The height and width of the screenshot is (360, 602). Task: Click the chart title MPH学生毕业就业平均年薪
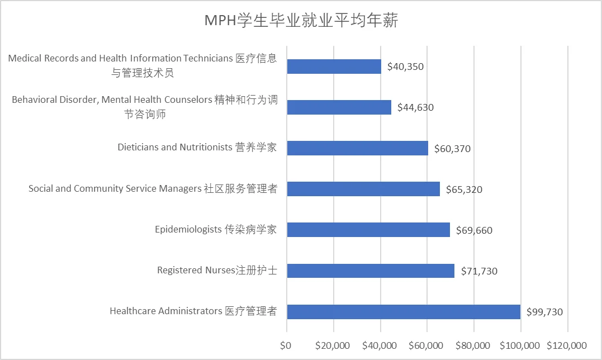(x=301, y=21)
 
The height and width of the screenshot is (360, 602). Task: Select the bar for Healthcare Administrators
(x=404, y=311)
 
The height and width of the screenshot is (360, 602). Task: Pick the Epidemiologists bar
(x=368, y=230)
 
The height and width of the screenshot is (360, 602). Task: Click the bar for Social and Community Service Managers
(x=363, y=189)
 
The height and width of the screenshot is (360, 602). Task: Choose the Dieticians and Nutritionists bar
(x=358, y=148)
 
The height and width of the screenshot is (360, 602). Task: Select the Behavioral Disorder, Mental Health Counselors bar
(x=339, y=107)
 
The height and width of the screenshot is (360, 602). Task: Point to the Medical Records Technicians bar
(x=334, y=67)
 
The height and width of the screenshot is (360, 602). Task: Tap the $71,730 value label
(x=479, y=271)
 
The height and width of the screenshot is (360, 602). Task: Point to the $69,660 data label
(x=474, y=230)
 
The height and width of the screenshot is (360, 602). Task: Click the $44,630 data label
(x=415, y=108)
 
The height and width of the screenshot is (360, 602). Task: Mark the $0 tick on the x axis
(x=286, y=344)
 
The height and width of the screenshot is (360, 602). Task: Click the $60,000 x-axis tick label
(x=426, y=344)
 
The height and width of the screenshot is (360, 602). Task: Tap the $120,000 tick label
(x=567, y=344)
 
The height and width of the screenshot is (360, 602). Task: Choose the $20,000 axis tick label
(x=333, y=344)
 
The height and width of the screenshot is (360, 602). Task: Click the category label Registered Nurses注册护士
(x=217, y=271)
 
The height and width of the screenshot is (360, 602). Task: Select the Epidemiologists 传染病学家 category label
(x=216, y=230)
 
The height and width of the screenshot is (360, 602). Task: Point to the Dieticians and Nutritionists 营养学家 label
(x=197, y=148)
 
